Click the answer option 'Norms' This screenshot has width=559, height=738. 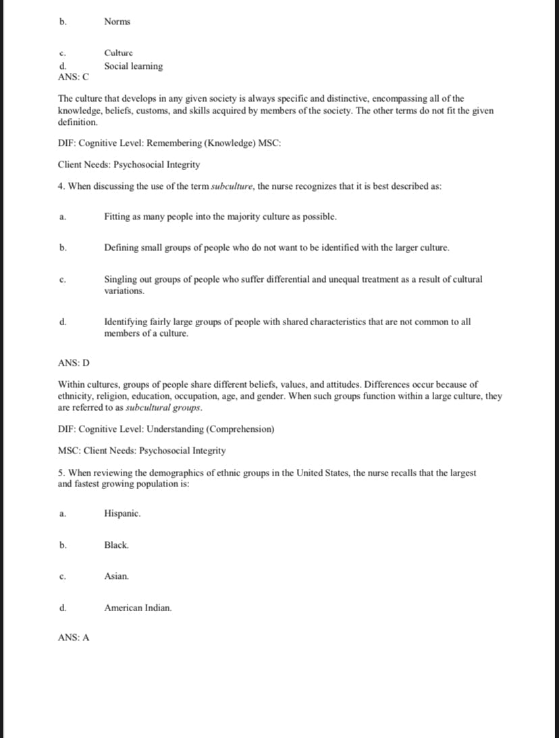[x=117, y=22]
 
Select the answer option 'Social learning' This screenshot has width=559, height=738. [x=133, y=66]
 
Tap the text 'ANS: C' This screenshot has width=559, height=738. [x=74, y=76]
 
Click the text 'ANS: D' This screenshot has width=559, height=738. [x=74, y=363]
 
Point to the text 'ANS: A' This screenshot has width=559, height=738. [x=74, y=637]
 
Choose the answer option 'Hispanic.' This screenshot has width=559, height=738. [x=122, y=513]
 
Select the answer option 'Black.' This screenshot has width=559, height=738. [x=116, y=544]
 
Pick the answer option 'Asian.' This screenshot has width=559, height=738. [x=116, y=576]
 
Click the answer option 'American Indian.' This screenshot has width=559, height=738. [x=138, y=608]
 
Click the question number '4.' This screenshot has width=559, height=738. [x=61, y=186]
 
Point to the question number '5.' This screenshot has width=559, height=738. [x=61, y=473]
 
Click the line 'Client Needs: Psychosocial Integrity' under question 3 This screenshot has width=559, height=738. [x=129, y=165]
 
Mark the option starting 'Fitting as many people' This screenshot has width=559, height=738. [x=220, y=217]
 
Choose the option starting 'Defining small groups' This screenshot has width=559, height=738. [x=277, y=248]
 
